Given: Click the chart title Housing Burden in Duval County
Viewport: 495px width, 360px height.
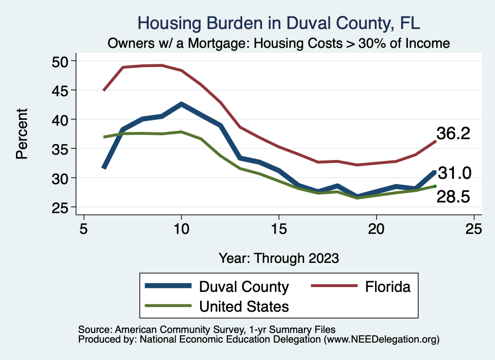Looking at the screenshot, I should coord(279,23).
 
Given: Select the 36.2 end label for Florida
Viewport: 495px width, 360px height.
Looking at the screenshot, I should coord(453,133).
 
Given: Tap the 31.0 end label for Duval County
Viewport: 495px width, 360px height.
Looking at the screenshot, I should coord(454,173).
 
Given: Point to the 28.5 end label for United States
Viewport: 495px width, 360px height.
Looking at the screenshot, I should coord(453,197).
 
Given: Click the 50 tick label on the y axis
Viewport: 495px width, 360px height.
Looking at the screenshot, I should coord(61,61).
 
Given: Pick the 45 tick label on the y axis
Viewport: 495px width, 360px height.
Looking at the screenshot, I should coord(61,90).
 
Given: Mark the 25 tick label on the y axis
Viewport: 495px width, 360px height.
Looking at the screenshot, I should coord(61,207).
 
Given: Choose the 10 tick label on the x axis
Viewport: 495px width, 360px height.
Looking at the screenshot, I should coord(181,229).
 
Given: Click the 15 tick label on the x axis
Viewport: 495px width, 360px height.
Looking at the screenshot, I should coord(279,229).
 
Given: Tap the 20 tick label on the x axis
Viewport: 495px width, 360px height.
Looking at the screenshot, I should coord(377,229).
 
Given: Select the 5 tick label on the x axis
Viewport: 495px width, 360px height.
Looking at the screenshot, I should coord(84,229).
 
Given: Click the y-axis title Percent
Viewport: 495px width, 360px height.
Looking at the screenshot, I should coord(22,134).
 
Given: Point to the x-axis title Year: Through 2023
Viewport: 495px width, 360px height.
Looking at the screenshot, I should coord(278,258).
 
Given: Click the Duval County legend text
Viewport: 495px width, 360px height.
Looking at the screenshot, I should coord(244,287).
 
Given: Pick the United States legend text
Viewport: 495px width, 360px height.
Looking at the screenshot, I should coord(244,306).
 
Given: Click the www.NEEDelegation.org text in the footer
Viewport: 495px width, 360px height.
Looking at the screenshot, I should coord(381,340).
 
